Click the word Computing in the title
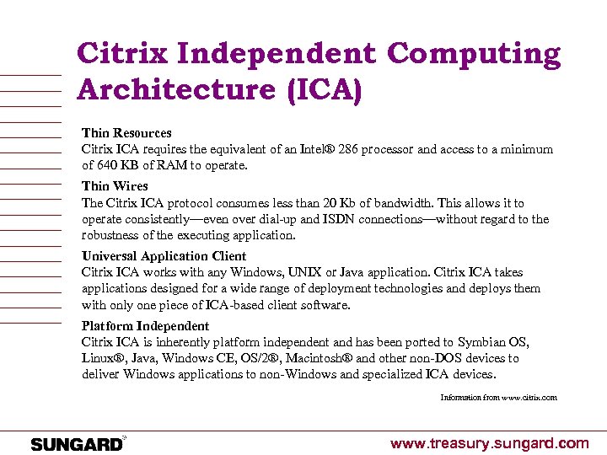click(x=473, y=55)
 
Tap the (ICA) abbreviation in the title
click(x=324, y=89)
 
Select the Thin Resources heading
click(x=126, y=133)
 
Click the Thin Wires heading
click(x=115, y=186)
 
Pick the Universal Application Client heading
click(x=164, y=256)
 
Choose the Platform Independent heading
click(x=145, y=326)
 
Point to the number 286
click(x=348, y=149)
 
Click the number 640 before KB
click(x=107, y=165)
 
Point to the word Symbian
click(x=480, y=342)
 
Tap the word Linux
click(x=99, y=358)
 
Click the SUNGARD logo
click(x=77, y=443)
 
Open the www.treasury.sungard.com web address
click(x=489, y=443)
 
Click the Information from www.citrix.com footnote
click(x=498, y=397)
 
